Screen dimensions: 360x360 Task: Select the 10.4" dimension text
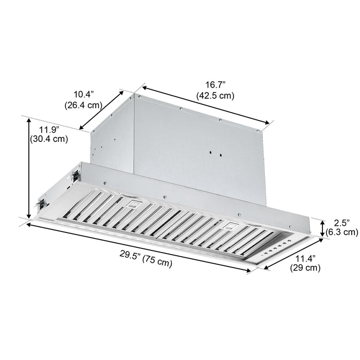point(83,94)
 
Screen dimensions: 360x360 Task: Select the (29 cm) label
point(305,268)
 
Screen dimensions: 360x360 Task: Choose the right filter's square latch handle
point(230,225)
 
